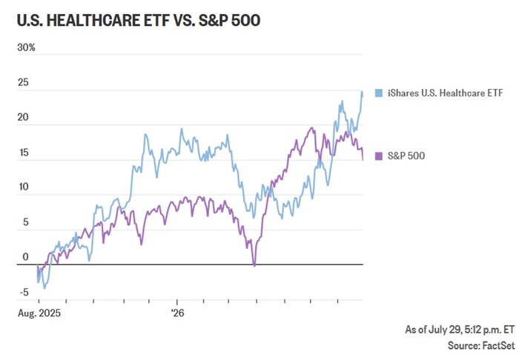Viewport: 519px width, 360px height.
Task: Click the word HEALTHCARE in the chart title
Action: tap(93, 21)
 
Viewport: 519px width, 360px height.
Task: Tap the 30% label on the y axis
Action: tap(26, 47)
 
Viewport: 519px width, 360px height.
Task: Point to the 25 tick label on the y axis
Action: tap(23, 82)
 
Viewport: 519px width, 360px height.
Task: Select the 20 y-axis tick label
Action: tap(23, 117)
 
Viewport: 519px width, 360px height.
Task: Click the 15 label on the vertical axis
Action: tap(23, 153)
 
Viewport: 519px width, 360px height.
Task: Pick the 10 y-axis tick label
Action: tap(24, 187)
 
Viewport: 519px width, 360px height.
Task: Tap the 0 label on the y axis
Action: tap(25, 257)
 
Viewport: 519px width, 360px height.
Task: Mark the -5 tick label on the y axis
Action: tap(24, 293)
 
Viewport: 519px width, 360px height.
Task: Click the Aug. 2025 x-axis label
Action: tap(39, 313)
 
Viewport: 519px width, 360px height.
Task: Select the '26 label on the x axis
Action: tap(178, 313)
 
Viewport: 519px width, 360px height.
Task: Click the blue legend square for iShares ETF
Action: tap(379, 93)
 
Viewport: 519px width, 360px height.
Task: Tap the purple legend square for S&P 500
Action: tap(379, 156)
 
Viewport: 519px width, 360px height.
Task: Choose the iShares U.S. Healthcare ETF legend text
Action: tap(445, 93)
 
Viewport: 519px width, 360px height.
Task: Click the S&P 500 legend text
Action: tap(406, 156)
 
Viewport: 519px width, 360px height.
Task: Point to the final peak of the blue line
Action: tap(362, 92)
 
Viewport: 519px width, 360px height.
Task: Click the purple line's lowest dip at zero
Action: tap(254, 265)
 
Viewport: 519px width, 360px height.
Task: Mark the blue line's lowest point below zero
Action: tap(44, 288)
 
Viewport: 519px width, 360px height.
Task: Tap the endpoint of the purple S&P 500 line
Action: tap(363, 160)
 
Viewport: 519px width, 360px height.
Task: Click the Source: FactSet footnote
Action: tap(482, 345)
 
